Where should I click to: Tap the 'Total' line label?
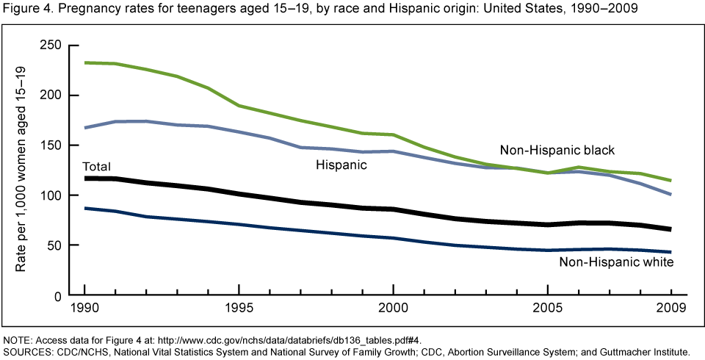point(95,166)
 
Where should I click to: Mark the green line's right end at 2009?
point(670,181)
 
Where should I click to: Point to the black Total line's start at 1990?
point(85,179)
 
